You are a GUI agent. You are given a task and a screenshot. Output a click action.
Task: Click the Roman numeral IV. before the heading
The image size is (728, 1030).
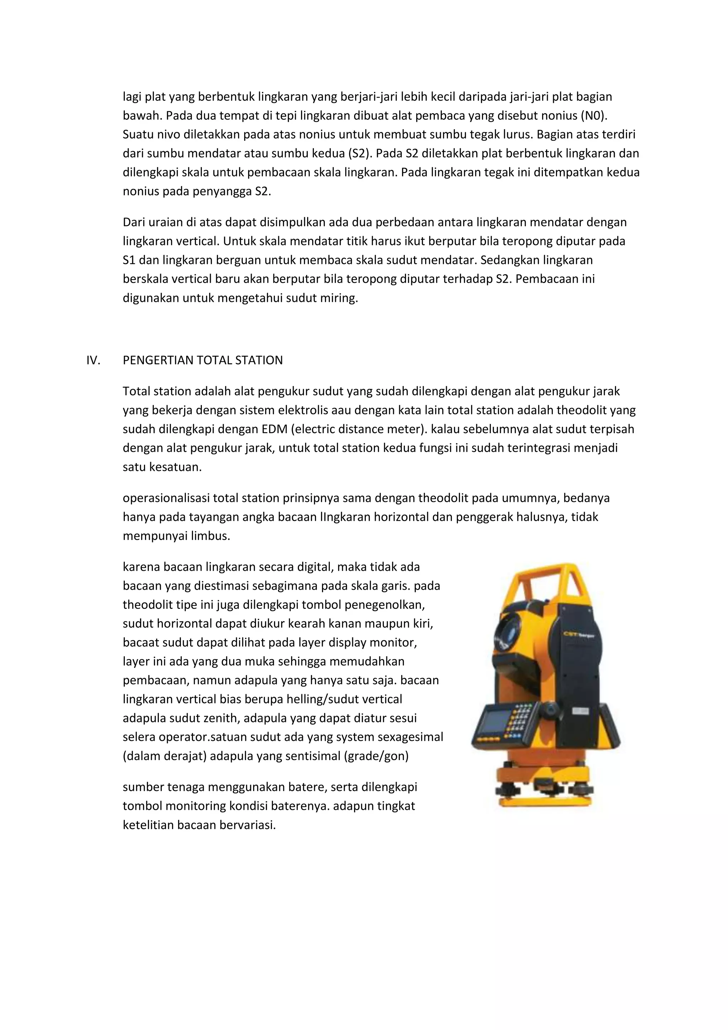click(x=93, y=360)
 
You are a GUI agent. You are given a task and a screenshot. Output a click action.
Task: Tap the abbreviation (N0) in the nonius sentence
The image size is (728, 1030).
click(x=593, y=116)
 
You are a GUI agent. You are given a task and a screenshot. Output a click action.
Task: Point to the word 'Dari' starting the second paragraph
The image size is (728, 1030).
click(x=133, y=222)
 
